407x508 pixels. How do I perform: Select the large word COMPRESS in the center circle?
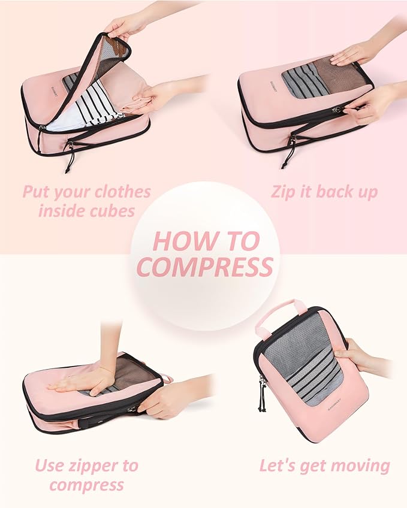tap(204, 267)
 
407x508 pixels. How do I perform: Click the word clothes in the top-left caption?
tap(117, 193)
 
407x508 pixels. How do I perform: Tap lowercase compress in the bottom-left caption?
tap(86, 484)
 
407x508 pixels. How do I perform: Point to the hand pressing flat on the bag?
tap(84, 381)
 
